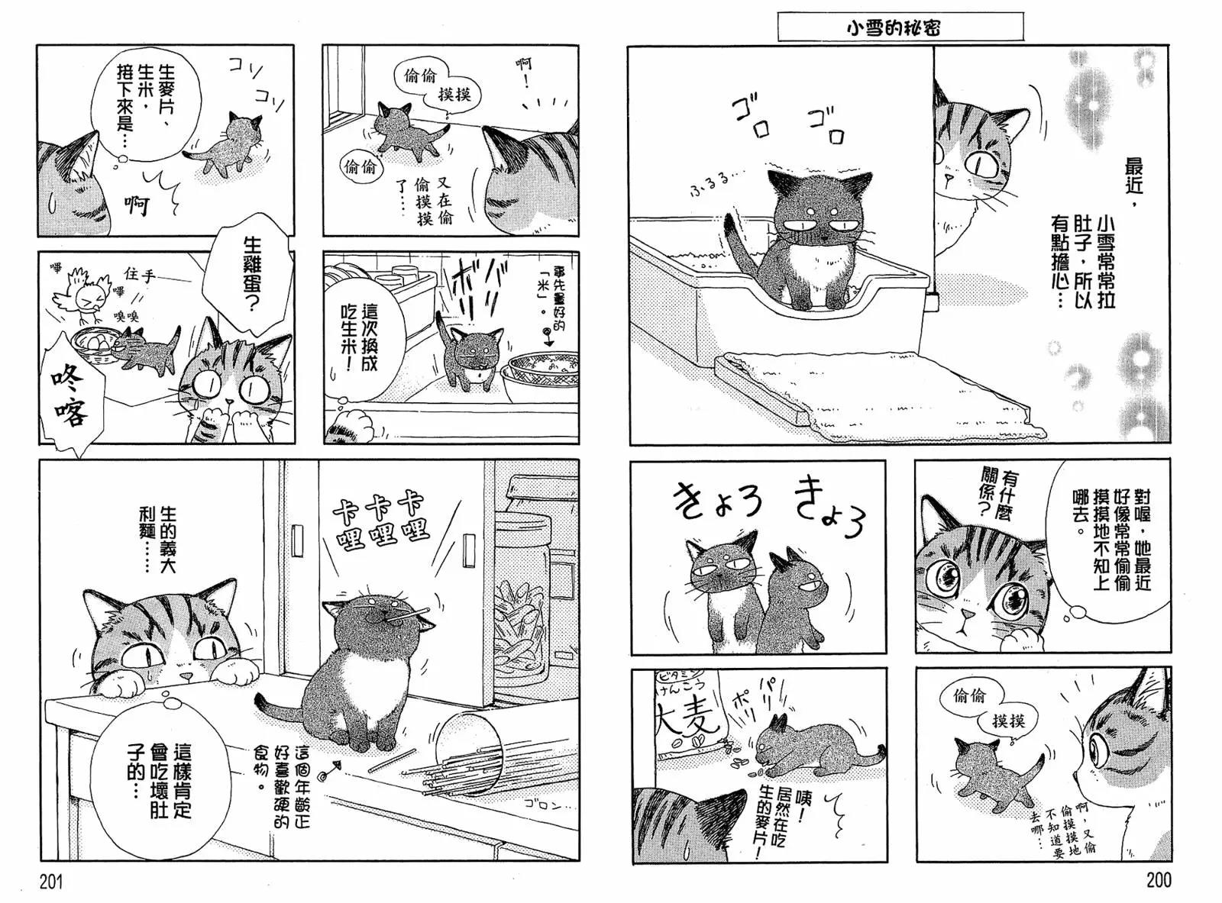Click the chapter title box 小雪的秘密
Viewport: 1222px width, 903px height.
click(x=900, y=27)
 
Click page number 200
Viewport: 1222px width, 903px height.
click(x=1158, y=880)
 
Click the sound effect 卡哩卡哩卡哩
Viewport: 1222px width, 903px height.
click(x=380, y=521)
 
